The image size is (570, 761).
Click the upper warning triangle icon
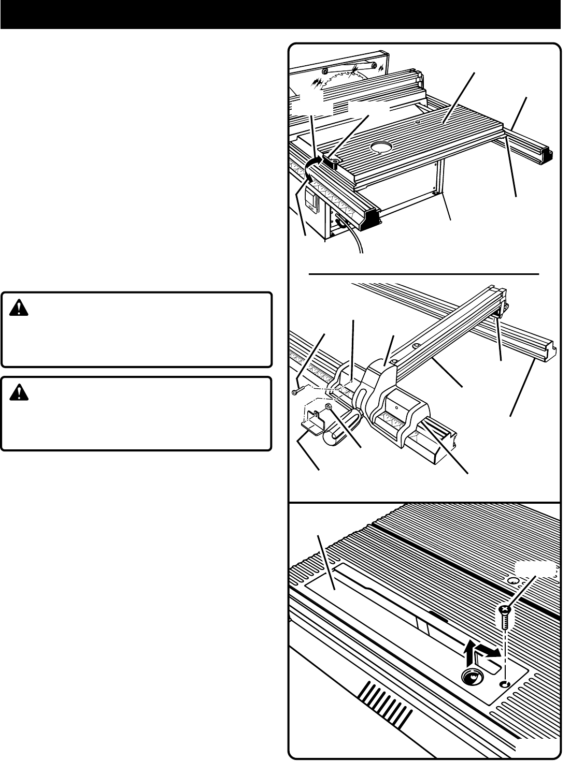click(x=19, y=310)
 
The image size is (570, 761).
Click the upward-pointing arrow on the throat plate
click(x=470, y=653)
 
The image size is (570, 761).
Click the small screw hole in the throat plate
click(x=505, y=684)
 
